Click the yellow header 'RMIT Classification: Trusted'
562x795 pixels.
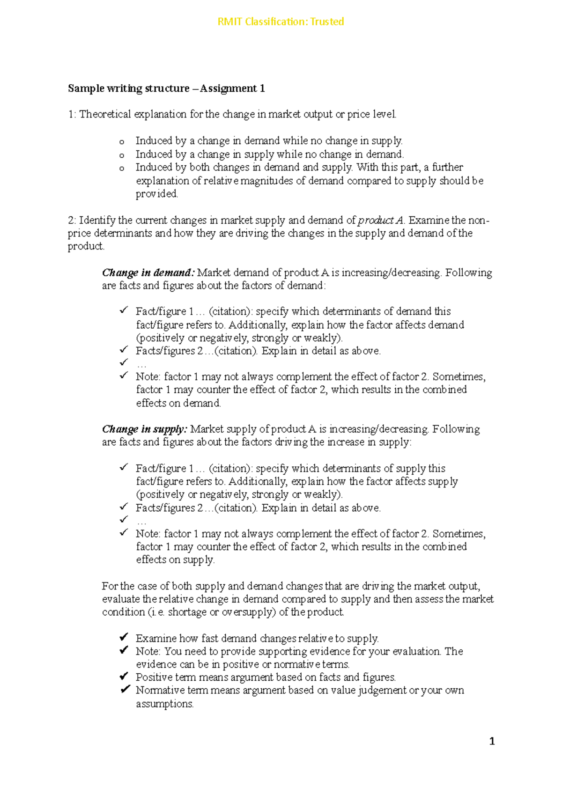coord(281,22)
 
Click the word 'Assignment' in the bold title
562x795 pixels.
coord(229,88)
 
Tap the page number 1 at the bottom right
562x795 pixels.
coord(492,741)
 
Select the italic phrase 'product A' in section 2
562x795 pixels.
coord(380,221)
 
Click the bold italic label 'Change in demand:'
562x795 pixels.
coord(148,272)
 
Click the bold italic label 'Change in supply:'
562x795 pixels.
coord(145,429)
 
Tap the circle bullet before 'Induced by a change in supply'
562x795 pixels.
coord(122,155)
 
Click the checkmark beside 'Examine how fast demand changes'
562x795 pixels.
coord(124,637)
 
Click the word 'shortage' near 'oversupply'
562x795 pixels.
coord(187,612)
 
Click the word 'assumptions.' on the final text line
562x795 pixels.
coord(164,704)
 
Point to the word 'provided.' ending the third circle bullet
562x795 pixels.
coord(157,194)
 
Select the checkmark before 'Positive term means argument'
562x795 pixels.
coord(124,676)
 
